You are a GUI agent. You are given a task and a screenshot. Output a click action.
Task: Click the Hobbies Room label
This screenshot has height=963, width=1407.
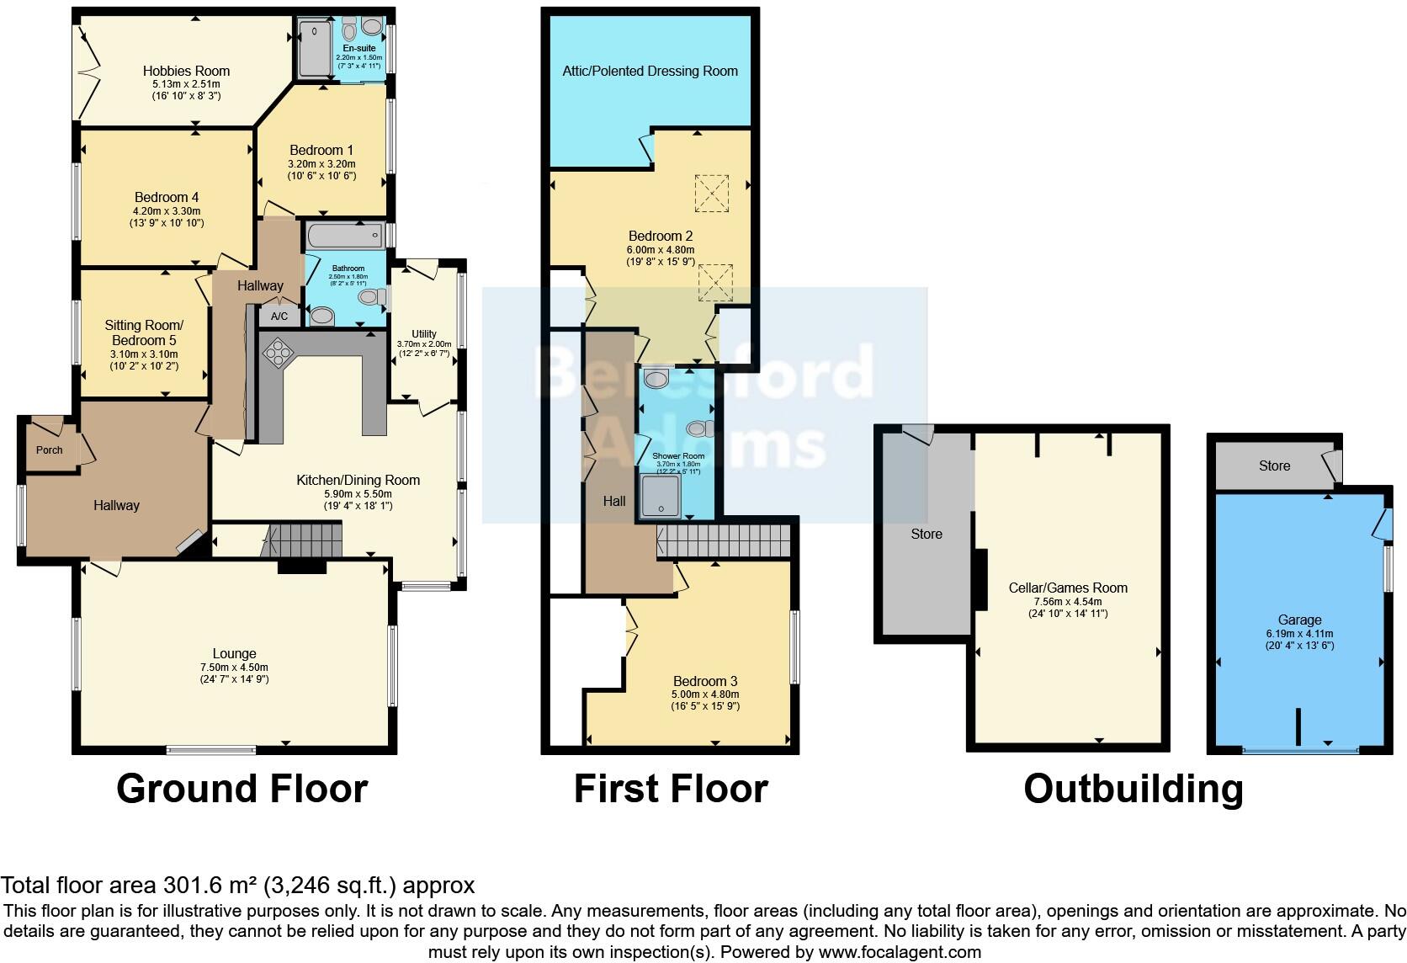186,71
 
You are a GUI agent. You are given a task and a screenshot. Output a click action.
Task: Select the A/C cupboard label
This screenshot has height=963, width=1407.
279,317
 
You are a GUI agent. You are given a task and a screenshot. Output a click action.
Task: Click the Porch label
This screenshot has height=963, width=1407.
49,450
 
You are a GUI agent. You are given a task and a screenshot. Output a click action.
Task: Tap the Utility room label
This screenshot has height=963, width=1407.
424,334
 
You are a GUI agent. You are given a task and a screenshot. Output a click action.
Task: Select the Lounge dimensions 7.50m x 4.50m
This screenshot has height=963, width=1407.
234,668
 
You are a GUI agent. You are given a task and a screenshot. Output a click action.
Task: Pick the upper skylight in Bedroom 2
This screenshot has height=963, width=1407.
712,193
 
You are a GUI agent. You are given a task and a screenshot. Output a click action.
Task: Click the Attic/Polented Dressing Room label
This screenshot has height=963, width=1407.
650,71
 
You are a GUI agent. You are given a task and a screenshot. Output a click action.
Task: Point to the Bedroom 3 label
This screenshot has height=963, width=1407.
705,681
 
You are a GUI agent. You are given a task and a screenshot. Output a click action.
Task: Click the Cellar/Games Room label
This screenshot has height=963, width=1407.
1069,588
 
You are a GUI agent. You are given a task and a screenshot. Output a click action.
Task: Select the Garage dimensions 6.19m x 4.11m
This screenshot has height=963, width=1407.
1299,634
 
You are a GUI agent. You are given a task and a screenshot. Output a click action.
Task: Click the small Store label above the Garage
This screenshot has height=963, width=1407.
1274,466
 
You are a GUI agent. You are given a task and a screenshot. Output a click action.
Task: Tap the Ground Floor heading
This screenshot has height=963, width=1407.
242,789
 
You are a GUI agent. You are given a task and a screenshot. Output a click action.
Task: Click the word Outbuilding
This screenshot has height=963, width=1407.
1134,789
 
